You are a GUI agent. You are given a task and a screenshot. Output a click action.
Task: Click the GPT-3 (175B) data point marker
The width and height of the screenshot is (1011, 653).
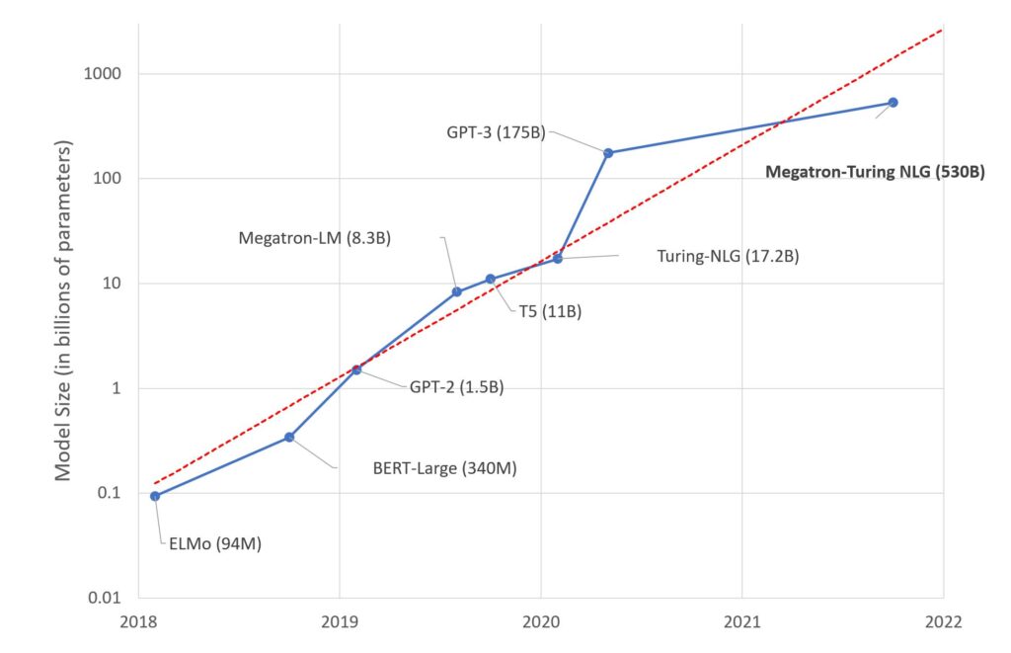[608, 153]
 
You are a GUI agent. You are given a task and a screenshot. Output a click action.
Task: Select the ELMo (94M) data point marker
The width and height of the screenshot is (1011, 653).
[155, 496]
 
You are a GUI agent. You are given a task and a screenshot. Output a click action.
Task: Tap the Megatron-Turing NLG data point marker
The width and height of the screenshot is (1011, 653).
[893, 103]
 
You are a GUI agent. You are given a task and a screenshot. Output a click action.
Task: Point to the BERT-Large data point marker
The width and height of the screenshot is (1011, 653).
[289, 437]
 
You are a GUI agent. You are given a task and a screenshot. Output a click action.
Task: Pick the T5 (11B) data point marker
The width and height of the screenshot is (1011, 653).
[491, 279]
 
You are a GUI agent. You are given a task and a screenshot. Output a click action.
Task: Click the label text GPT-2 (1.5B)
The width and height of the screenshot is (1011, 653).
[456, 387]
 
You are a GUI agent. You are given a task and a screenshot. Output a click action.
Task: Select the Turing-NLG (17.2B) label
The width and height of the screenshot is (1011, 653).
[727, 257]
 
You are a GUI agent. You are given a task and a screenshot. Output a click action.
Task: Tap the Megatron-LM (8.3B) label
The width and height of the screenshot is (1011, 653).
[315, 238]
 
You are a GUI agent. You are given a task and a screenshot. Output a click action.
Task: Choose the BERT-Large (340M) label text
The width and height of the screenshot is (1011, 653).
[444, 468]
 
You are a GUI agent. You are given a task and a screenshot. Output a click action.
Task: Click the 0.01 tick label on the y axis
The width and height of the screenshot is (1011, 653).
[102, 598]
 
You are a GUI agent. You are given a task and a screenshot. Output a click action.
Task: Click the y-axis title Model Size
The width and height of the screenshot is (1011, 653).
[63, 310]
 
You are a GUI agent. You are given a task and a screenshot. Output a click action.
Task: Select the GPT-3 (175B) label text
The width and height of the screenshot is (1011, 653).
[494, 132]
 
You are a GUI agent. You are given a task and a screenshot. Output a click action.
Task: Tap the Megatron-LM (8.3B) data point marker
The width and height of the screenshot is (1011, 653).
[456, 291]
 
